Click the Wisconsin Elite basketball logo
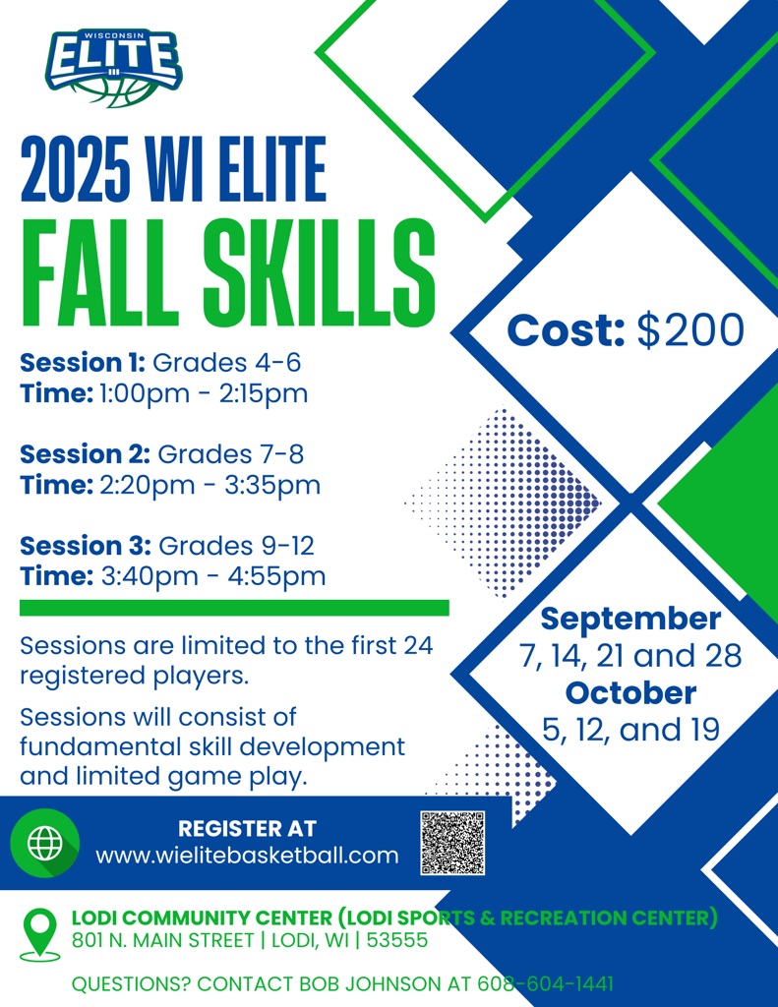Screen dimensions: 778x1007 click(x=113, y=68)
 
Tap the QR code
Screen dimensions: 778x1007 click(x=452, y=843)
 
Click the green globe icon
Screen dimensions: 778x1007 click(x=45, y=843)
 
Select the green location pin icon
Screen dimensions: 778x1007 click(x=39, y=934)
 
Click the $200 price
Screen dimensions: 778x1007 click(x=690, y=330)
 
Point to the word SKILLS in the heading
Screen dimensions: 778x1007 click(x=320, y=273)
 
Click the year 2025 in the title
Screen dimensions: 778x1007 click(x=76, y=169)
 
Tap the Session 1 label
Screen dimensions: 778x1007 click(x=83, y=363)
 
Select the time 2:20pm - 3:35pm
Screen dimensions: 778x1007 click(x=210, y=485)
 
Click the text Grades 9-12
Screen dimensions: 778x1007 click(x=236, y=546)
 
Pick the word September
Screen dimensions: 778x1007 click(x=630, y=620)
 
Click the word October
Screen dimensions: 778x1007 click(x=630, y=693)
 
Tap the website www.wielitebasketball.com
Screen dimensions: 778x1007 click(x=247, y=856)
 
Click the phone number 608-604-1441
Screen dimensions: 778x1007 click(x=546, y=983)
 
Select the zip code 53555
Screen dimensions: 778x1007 click(x=397, y=940)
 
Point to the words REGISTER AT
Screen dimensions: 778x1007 click(x=247, y=828)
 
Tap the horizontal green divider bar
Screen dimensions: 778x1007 click(x=234, y=608)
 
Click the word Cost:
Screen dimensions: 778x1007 click(x=566, y=330)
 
